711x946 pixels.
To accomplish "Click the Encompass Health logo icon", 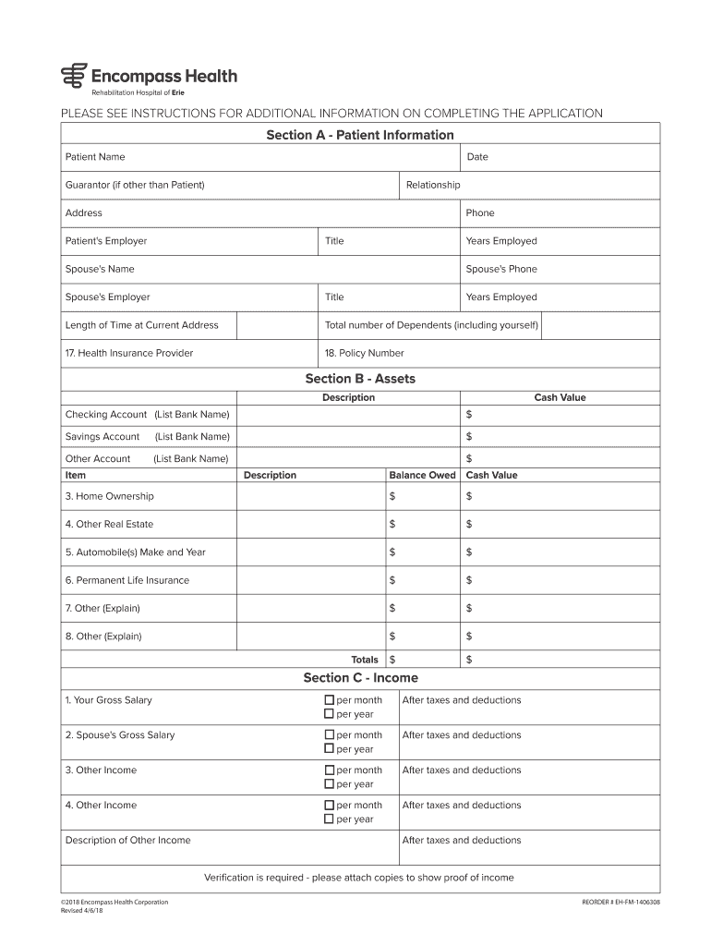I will pyautogui.click(x=72, y=76).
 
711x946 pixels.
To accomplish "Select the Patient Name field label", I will pyautogui.click(x=95, y=157).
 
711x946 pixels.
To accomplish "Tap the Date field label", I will pyautogui.click(x=477, y=157).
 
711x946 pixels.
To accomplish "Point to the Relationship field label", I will pyautogui.click(x=433, y=185).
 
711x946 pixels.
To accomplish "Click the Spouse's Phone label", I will pyautogui.click(x=500, y=269).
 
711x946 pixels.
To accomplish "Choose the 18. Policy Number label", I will pyautogui.click(x=364, y=353).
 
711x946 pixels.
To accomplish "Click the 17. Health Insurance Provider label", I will pyautogui.click(x=129, y=353).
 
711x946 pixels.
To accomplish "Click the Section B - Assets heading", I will pyautogui.click(x=360, y=379).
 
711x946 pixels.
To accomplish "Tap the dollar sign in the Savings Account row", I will pyautogui.click(x=469, y=436).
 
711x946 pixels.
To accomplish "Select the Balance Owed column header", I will pyautogui.click(x=422, y=475).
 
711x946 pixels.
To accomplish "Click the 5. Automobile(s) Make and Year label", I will pyautogui.click(x=136, y=552).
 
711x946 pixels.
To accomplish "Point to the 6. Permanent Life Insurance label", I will pyautogui.click(x=127, y=580).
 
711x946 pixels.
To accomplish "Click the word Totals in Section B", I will pyautogui.click(x=365, y=660).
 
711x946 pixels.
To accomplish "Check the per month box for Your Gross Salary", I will pyautogui.click(x=329, y=700).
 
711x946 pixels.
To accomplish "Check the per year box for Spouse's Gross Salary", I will pyautogui.click(x=329, y=749).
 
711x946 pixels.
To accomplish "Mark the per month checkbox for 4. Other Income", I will pyautogui.click(x=329, y=806).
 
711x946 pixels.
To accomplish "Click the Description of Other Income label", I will pyautogui.click(x=128, y=841).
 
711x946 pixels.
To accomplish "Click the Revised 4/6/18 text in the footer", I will pyautogui.click(x=83, y=909).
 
